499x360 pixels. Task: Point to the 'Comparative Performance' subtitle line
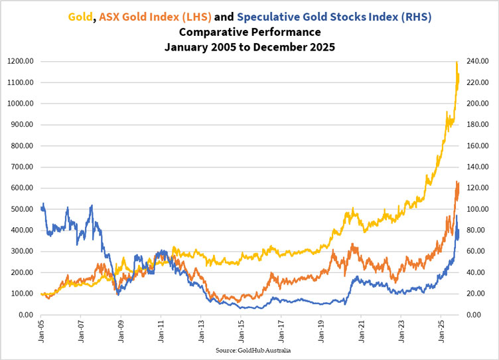click(x=249, y=31)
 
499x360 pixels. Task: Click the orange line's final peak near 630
click(x=457, y=181)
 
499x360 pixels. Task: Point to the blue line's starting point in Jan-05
click(x=41, y=209)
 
